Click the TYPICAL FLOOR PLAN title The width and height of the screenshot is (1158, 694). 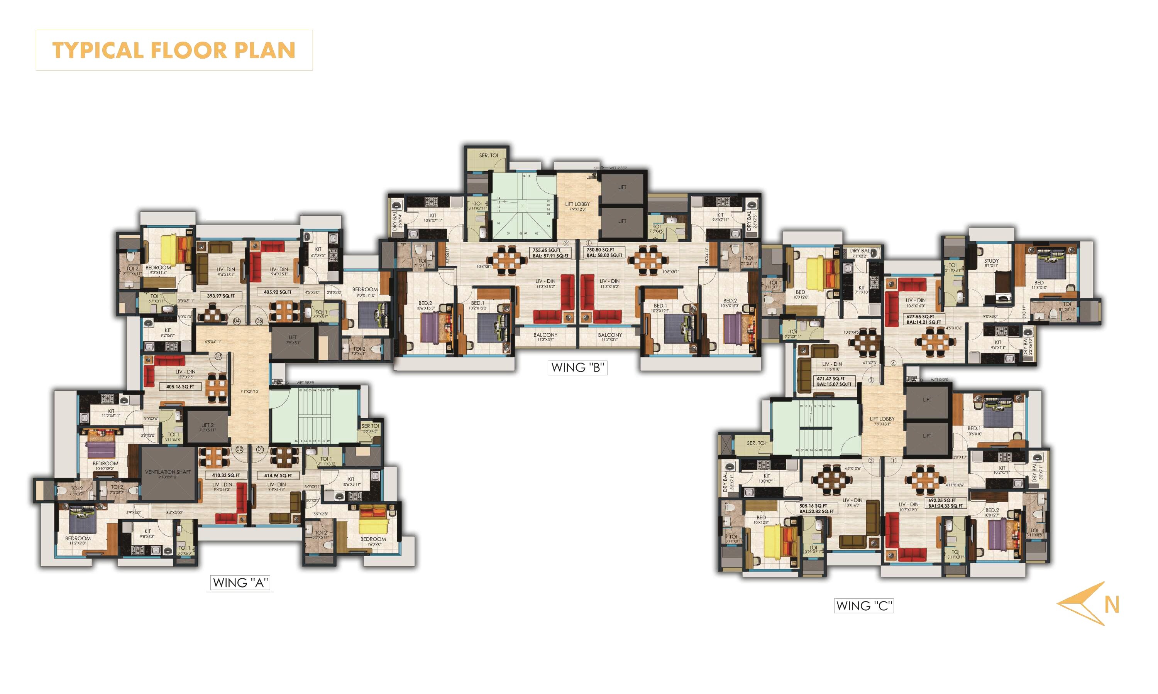click(x=174, y=50)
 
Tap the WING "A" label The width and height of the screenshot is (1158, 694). click(x=240, y=583)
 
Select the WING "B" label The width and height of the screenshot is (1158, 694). click(x=577, y=368)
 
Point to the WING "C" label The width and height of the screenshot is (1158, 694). click(x=864, y=606)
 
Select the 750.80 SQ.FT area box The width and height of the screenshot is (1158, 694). click(x=604, y=253)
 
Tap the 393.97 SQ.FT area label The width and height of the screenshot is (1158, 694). click(x=221, y=296)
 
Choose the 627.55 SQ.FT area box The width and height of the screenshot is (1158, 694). click(x=924, y=319)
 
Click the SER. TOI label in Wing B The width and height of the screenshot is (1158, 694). click(x=488, y=155)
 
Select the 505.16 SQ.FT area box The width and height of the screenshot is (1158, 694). click(x=816, y=508)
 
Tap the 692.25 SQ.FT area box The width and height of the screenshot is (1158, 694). click(x=946, y=503)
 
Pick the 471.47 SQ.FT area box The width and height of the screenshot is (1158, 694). click(x=834, y=381)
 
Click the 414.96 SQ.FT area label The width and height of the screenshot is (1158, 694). click(x=278, y=476)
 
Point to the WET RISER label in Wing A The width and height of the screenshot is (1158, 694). click(x=305, y=383)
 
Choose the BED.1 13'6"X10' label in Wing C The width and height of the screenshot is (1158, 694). click(x=974, y=431)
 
